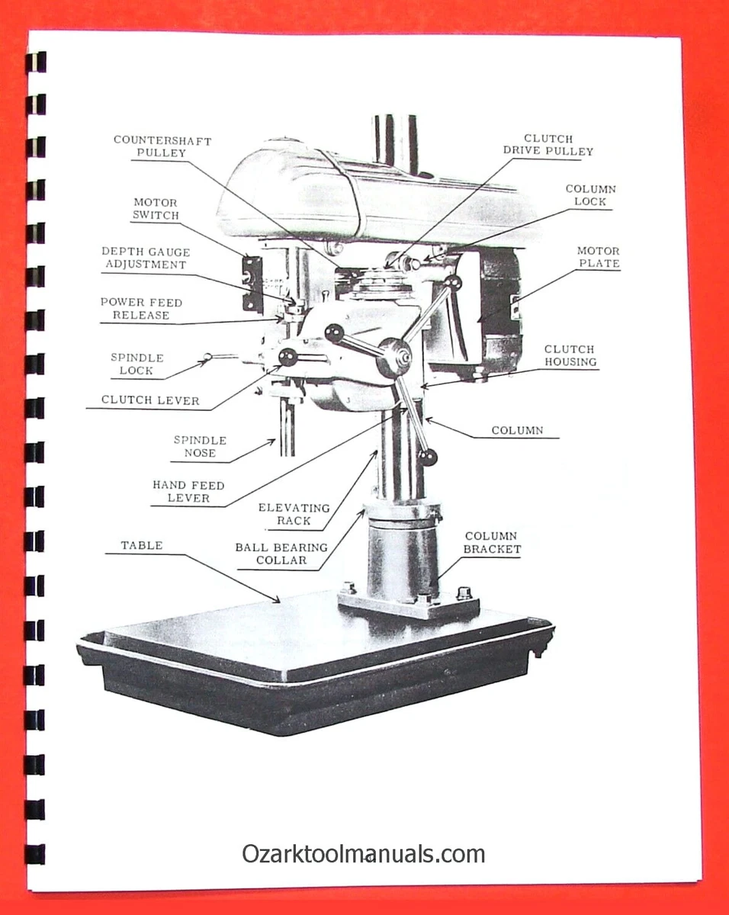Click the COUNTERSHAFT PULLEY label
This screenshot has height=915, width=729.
(x=162, y=146)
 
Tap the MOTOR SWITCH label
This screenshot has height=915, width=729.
(x=156, y=209)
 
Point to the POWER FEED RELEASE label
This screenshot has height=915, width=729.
(x=141, y=309)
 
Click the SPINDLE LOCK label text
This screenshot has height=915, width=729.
(x=136, y=364)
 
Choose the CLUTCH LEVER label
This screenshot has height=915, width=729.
(x=150, y=400)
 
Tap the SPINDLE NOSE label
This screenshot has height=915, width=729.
(x=200, y=447)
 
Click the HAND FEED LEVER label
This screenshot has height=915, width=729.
(x=188, y=492)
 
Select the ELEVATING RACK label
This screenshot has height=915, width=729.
(x=294, y=515)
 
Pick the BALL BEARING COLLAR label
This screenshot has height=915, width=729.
(x=281, y=554)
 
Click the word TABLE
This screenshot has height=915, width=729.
(x=141, y=546)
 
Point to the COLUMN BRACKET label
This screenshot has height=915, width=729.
(x=492, y=543)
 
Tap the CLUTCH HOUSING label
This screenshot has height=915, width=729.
(x=570, y=355)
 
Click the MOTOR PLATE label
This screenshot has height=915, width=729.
(x=598, y=257)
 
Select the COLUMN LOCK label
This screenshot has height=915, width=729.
(x=590, y=195)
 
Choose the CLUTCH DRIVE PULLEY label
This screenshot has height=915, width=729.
(x=548, y=145)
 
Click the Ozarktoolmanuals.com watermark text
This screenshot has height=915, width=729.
(x=364, y=854)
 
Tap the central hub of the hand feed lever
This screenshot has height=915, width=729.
(x=395, y=356)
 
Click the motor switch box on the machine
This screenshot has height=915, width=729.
(x=252, y=284)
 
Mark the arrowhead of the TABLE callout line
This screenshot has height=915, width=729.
(x=280, y=601)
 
